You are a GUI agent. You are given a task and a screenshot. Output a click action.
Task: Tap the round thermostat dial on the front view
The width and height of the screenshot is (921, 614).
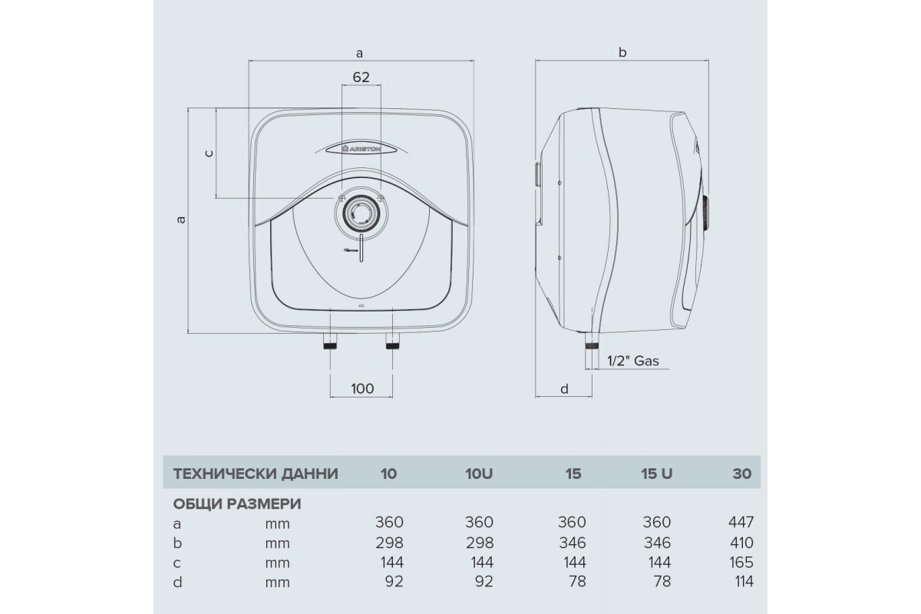pos(361,213)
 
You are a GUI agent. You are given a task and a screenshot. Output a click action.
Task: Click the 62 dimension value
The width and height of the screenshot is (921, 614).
pos(361,77)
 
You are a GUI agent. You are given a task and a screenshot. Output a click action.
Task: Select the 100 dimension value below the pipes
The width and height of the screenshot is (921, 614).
pos(362,388)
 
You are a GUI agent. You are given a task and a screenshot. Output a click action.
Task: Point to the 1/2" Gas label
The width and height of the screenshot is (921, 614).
pos(632,361)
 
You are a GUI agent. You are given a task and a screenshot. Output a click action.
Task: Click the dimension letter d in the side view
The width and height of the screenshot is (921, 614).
pos(564,388)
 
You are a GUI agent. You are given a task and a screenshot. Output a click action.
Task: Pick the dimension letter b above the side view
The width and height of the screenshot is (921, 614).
pos(622,52)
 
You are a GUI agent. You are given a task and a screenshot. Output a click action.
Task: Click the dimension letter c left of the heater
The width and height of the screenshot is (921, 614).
pos(209,153)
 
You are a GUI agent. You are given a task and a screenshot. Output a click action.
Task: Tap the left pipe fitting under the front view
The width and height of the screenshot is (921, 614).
pos(330,342)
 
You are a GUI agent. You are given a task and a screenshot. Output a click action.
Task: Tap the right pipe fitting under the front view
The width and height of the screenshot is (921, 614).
pos(392,342)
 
